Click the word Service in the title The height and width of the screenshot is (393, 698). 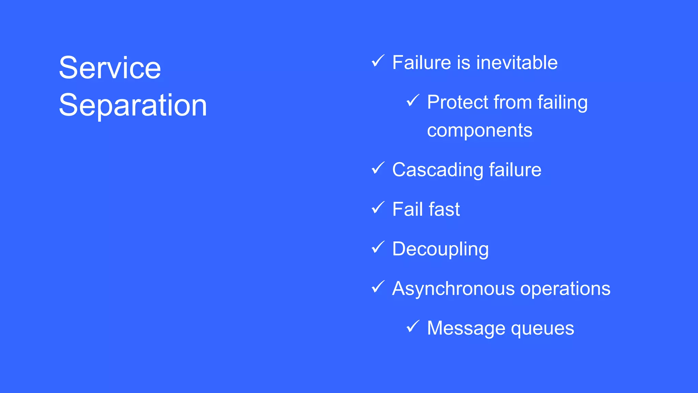(110, 68)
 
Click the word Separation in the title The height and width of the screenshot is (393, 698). (133, 105)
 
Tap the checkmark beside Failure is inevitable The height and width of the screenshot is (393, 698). (378, 61)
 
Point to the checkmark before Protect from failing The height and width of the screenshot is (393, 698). (413, 101)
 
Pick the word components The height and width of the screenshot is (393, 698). (480, 131)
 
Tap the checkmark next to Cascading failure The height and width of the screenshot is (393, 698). (378, 168)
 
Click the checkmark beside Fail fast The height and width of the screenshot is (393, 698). (378, 208)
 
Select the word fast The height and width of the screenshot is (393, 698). (444, 209)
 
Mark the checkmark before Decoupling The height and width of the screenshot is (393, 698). (378, 247)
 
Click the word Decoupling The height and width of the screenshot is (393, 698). (440, 249)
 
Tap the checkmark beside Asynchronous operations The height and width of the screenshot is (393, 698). (378, 287)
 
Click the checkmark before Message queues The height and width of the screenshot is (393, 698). (413, 326)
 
